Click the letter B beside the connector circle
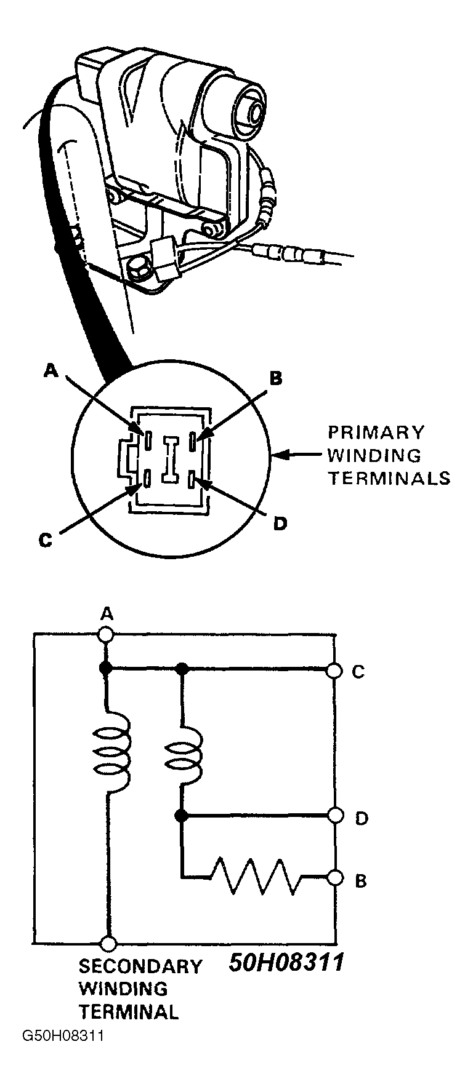pos(276,378)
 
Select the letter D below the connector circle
pos(280,524)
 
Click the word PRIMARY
pos(376,432)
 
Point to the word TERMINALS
pos(389,479)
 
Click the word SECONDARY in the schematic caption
pos(140,966)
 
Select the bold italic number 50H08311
pos(286,963)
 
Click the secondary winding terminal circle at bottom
pos(108,943)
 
